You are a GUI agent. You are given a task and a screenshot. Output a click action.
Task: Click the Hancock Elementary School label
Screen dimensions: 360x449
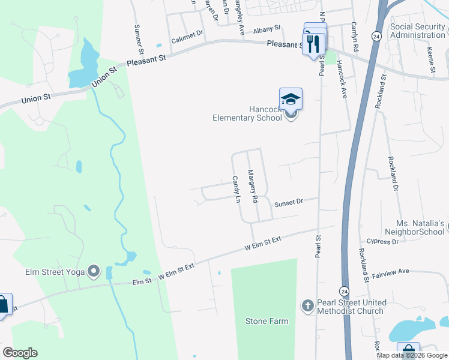247,113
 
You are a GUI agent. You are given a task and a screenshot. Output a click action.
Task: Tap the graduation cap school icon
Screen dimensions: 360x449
291,99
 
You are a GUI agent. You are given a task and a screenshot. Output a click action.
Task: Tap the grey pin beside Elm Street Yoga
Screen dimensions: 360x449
93,272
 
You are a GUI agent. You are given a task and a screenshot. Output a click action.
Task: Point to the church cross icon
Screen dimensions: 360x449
307,307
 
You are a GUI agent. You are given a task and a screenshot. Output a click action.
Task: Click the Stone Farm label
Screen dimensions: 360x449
267,321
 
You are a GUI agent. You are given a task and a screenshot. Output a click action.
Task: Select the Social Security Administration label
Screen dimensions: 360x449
417,31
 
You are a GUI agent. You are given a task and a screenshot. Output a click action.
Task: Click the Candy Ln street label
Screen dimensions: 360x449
237,189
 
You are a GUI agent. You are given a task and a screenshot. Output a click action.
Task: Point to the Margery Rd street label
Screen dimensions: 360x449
253,186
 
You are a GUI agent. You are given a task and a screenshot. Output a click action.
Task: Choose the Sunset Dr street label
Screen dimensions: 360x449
288,203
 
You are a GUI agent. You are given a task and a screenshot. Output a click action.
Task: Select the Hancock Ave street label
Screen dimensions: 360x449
342,79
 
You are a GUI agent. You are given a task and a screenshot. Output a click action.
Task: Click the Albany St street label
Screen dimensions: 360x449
267,29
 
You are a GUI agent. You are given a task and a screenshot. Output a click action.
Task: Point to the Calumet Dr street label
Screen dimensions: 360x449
188,38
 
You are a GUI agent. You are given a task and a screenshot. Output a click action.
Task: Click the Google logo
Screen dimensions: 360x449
20,353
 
